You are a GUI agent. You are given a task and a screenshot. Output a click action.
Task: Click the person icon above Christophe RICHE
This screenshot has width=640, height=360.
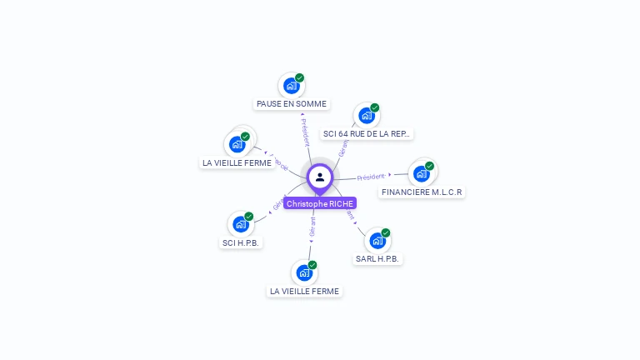320,177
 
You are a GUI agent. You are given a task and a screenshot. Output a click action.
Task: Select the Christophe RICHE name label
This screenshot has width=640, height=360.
320,203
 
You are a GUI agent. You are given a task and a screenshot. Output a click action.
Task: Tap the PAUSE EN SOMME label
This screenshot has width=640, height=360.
292,104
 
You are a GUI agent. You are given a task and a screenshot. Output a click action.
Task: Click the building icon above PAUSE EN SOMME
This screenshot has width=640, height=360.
291,86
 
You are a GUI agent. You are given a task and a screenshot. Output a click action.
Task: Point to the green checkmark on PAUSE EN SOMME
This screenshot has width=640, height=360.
300,77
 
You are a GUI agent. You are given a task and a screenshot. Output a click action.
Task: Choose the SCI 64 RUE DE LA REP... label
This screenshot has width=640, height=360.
367,133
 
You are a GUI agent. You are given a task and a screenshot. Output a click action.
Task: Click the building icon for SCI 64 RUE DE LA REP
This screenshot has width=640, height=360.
366,116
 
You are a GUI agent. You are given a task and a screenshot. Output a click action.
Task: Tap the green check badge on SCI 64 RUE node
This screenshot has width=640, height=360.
375,107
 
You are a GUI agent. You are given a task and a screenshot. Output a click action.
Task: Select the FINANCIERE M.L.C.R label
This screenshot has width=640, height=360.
421,192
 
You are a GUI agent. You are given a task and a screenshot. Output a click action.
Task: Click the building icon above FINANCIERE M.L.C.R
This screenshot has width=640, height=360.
421,173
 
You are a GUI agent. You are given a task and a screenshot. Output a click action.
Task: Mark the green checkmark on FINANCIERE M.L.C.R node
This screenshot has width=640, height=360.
429,166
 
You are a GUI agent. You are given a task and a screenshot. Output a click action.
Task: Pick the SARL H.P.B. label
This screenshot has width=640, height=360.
378,259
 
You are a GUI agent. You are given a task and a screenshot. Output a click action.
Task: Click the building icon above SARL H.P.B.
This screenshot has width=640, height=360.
377,241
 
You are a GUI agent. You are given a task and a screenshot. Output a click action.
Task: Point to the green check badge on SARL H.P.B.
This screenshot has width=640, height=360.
386,232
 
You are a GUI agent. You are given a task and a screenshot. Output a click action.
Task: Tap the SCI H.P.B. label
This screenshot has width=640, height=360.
241,242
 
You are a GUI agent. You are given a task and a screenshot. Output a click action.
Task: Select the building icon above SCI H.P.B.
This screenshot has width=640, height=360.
241,224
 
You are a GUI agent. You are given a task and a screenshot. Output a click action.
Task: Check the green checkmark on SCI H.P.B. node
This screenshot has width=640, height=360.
249,217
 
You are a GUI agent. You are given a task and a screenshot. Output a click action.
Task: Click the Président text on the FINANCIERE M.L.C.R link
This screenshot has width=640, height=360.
371,177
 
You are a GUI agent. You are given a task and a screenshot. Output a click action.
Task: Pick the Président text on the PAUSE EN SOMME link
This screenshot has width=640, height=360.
305,132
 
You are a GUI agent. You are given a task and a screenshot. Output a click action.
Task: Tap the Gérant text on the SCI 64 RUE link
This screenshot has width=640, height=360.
343,147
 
